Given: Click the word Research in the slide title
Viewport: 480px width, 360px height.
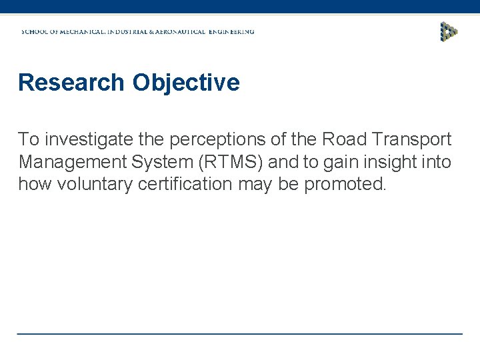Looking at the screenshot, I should tap(71, 83).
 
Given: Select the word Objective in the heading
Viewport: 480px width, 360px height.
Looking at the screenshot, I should tap(185, 83).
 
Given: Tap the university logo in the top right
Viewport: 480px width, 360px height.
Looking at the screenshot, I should tap(449, 31).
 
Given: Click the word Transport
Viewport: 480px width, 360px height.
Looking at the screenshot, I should tap(411, 139).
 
